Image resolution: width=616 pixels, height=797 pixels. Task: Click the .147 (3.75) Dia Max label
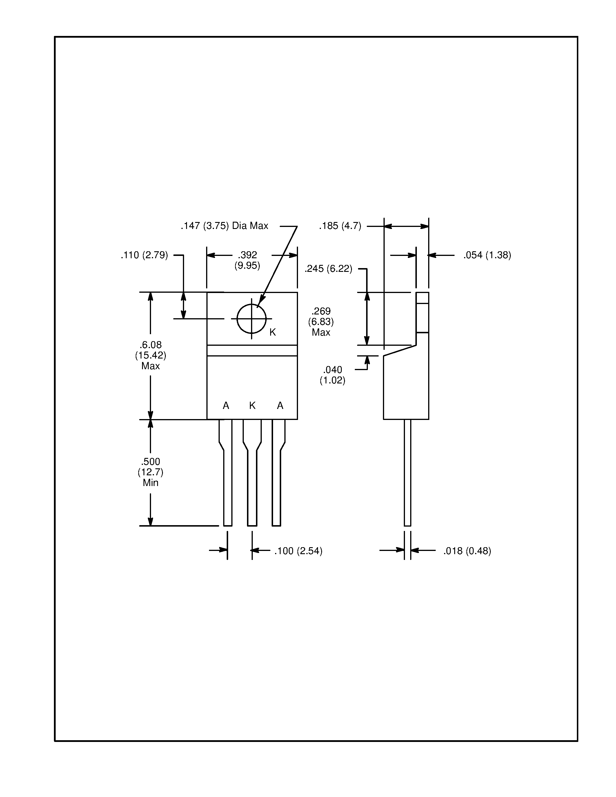coord(224,226)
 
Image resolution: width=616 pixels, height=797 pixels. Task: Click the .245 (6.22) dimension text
coord(328,269)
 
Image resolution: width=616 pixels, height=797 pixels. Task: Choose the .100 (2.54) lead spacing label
coord(298,551)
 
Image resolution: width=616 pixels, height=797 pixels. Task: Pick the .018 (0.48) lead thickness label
coord(467,551)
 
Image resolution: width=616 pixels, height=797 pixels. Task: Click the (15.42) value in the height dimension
coord(150,355)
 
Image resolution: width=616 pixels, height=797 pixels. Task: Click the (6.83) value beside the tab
coord(321,322)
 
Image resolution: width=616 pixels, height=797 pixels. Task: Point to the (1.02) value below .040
coord(332,380)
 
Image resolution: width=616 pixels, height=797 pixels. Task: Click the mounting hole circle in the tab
coord(251,319)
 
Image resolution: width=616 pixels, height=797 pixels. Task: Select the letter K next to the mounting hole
coord(272,332)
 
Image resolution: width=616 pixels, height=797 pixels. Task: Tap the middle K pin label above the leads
coord(252,405)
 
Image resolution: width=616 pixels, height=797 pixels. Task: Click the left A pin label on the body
coord(226,405)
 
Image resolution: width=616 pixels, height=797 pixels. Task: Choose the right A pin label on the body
coord(280,405)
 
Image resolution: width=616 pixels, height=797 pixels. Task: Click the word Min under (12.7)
coord(150,483)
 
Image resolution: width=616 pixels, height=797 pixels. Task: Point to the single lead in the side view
coord(407,474)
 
